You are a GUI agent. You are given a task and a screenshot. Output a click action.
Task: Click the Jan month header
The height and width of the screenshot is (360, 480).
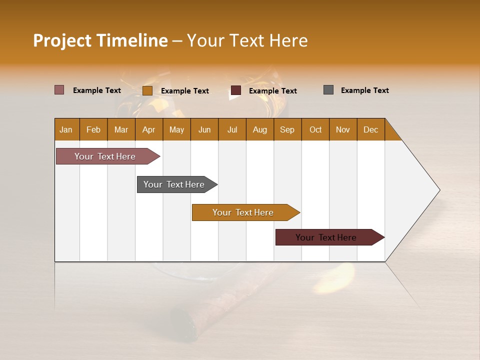(66, 129)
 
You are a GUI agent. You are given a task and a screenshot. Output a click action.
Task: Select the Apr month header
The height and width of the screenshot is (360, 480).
(148, 129)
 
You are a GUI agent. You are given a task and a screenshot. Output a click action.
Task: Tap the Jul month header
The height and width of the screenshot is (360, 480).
(232, 129)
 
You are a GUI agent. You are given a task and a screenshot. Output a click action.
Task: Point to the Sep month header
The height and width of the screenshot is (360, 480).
(287, 129)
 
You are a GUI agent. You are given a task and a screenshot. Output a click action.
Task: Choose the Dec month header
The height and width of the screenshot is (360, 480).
(370, 129)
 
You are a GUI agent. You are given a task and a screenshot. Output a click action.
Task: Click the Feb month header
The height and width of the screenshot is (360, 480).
(93, 129)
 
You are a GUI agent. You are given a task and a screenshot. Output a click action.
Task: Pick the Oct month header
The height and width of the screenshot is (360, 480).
(315, 129)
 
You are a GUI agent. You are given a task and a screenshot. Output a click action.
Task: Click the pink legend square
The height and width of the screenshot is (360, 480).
(59, 90)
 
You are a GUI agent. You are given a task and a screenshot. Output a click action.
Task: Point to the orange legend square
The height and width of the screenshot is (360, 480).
(147, 90)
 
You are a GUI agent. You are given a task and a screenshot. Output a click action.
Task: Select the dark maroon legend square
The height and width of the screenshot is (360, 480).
(236, 90)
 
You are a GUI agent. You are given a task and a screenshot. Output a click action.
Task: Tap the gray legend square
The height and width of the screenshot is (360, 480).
(328, 90)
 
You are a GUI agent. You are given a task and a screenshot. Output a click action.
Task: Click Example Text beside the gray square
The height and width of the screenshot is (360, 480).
(364, 90)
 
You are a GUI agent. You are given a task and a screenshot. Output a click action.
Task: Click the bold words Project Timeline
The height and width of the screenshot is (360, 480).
(100, 40)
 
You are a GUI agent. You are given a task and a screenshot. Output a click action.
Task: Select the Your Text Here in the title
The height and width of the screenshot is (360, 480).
(247, 40)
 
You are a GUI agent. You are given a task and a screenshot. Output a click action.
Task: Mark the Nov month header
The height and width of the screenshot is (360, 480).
(343, 129)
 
